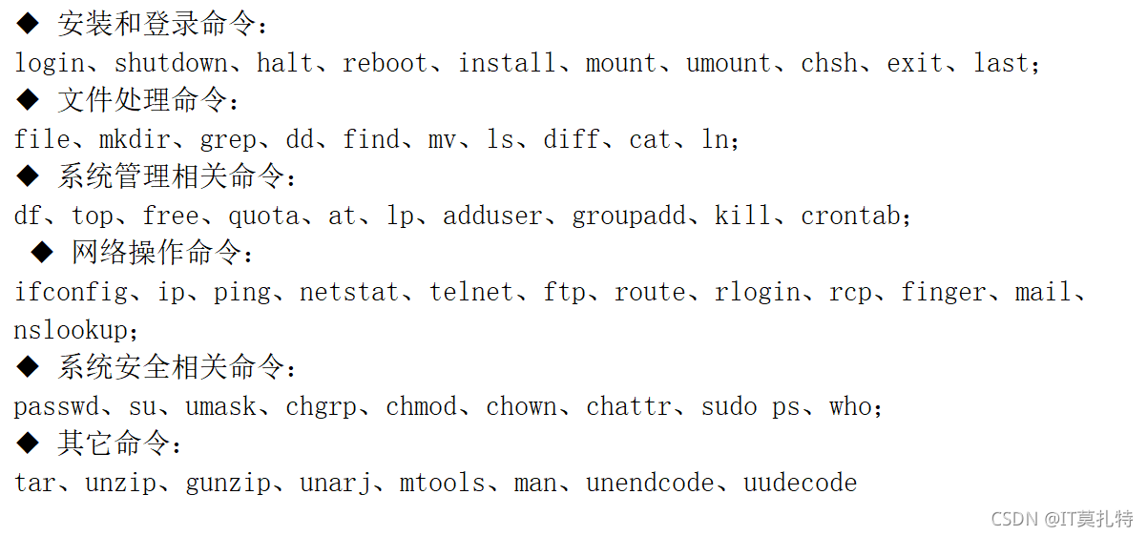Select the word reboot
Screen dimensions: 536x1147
[386, 64]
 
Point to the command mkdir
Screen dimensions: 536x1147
[135, 140]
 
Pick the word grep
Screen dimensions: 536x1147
[228, 140]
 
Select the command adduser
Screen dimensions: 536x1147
[492, 216]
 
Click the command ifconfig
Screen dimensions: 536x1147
[71, 293]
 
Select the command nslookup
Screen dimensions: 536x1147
[71, 331]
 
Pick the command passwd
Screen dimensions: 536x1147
[56, 407]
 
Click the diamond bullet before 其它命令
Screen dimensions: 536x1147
[29, 443]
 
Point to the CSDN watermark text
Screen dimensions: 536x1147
[1061, 519]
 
